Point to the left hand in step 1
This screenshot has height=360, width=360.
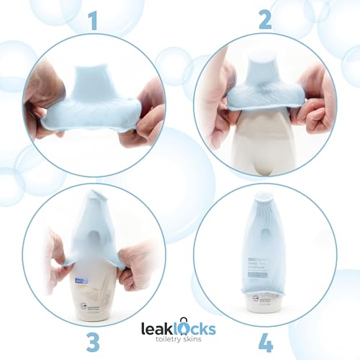pyautogui.click(x=40, y=101)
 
